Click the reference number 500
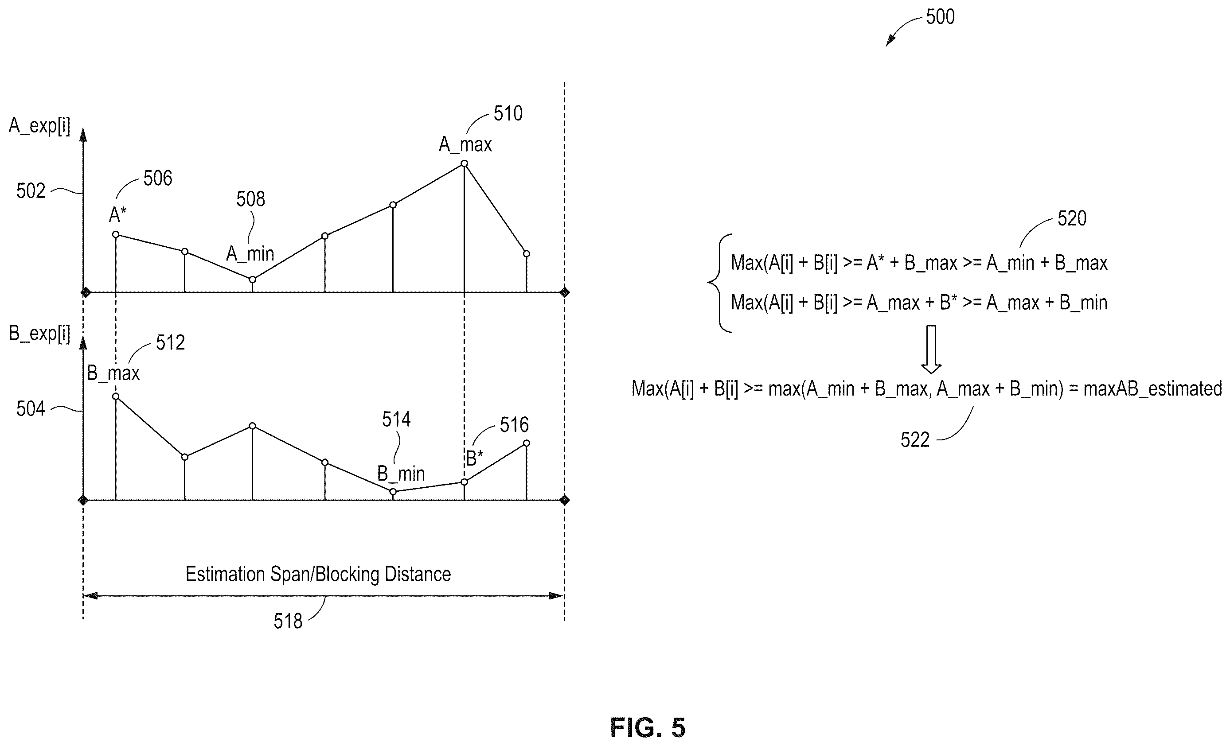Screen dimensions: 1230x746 tap(940, 17)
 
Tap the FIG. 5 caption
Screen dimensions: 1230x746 tap(648, 727)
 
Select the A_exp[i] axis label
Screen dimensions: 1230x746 tap(39, 126)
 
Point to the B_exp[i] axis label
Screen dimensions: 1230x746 tap(39, 334)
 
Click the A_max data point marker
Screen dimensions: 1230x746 tap(464, 163)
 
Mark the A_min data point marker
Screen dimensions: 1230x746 tap(253, 280)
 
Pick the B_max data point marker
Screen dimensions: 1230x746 tap(116, 396)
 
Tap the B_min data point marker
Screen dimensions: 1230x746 tap(393, 492)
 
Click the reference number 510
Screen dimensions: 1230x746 tap(508, 114)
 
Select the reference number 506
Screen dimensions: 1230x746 tap(158, 178)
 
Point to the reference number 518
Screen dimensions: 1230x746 tap(288, 621)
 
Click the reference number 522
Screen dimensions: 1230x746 tap(915, 439)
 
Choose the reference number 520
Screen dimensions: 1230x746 tap(1072, 218)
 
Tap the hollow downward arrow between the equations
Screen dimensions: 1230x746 tap(931, 349)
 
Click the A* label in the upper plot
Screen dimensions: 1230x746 tap(118, 215)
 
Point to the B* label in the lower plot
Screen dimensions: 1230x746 tap(474, 458)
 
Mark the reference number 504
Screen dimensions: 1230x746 tap(31, 409)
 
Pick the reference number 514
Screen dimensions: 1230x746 tap(396, 420)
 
